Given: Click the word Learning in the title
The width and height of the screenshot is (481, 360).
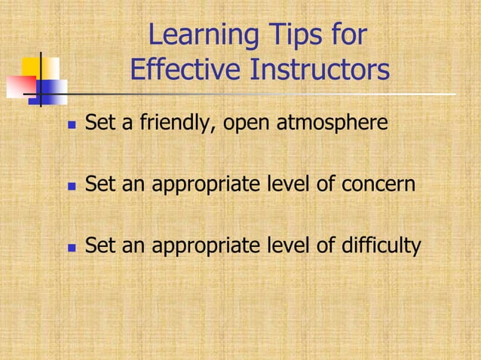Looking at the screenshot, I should pos(199,36).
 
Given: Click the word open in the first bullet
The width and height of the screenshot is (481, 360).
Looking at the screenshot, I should pos(247,122).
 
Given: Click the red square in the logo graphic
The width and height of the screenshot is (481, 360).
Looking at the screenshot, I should pos(18,87).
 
